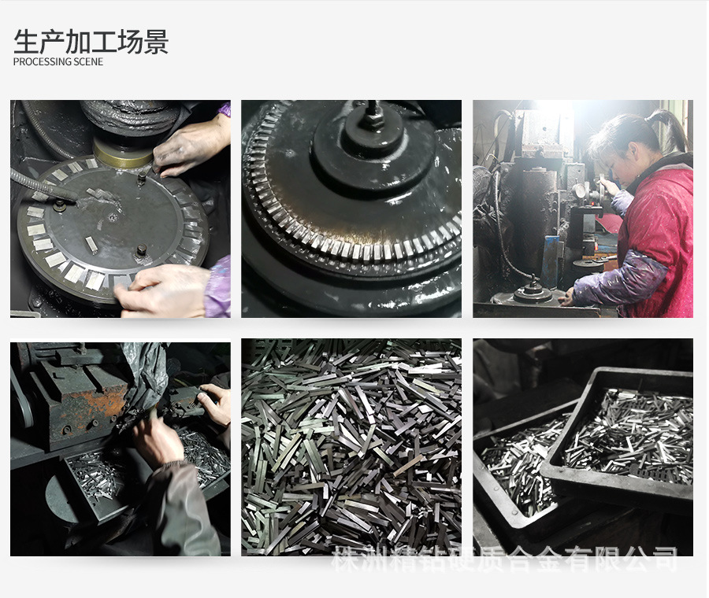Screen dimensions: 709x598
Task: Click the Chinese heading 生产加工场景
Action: (x=91, y=42)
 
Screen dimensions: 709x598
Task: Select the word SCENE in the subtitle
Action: (x=88, y=62)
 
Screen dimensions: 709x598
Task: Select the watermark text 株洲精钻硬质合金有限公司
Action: (x=504, y=559)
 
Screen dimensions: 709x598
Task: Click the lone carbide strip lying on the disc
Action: (x=92, y=245)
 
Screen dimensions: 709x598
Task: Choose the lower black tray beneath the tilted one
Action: (x=515, y=478)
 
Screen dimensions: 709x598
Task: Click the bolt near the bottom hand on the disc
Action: (x=141, y=251)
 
